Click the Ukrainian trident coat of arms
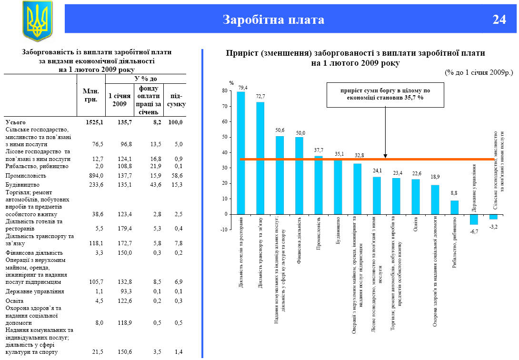click(37, 20)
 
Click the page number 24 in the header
click(499, 20)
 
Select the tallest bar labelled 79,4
click(241, 152)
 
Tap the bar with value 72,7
click(260, 158)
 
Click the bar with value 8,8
click(455, 207)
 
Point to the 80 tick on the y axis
click(224, 90)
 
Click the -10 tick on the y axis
click(223, 230)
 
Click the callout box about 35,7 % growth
click(385, 94)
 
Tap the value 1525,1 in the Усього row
click(94, 122)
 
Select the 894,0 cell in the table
click(96, 176)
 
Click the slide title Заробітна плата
click(273, 20)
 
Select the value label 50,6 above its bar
click(279, 130)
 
